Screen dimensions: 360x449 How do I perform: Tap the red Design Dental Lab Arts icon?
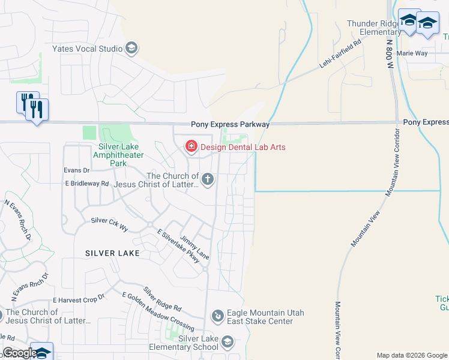[x=191, y=146]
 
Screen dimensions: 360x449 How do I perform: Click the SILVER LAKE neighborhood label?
[x=112, y=253]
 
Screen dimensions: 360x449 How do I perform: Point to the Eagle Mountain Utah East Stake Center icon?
[x=217, y=315]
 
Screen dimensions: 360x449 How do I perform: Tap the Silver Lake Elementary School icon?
[x=227, y=342]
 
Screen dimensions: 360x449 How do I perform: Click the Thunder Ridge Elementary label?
[x=372, y=28]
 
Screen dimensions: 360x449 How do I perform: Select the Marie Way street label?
[x=412, y=53]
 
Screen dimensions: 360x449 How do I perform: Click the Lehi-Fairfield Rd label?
[x=340, y=53]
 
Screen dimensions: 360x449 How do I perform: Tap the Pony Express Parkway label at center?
[x=231, y=124]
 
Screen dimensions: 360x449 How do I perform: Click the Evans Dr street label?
[x=76, y=170]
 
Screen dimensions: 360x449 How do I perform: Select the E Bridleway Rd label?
[x=87, y=184]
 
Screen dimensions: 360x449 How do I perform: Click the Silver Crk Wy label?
[x=109, y=224]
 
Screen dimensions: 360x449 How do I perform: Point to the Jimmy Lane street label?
[x=195, y=247]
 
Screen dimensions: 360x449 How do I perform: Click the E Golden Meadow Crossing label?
[x=158, y=311]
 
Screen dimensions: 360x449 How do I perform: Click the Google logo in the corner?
[x=20, y=353]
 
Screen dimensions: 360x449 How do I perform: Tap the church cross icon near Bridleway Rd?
[x=208, y=178]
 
